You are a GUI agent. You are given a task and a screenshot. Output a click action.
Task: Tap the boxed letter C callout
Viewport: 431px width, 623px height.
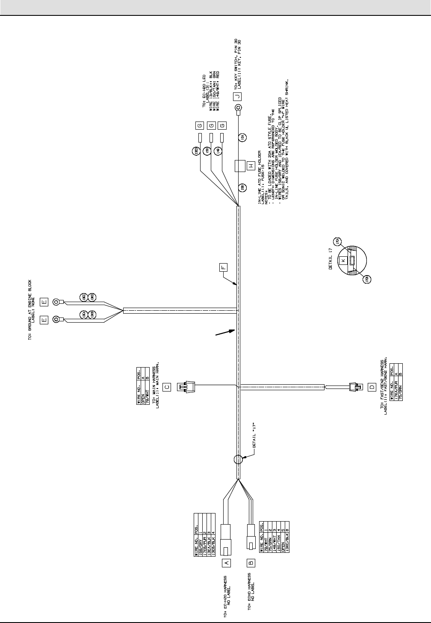click(167, 386)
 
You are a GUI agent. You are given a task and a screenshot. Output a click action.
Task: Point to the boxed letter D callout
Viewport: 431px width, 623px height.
click(372, 387)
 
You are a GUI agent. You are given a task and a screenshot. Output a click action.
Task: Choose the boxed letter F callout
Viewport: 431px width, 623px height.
click(223, 267)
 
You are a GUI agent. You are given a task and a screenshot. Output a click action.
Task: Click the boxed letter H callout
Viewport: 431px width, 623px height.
click(251, 166)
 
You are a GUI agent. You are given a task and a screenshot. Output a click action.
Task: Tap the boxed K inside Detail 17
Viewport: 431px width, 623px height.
click(342, 260)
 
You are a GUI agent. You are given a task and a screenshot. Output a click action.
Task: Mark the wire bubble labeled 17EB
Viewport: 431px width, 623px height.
click(366, 279)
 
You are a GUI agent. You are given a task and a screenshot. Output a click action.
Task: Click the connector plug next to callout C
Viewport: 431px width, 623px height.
click(187, 386)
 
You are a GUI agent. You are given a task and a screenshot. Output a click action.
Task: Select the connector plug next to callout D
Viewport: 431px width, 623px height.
click(354, 387)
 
